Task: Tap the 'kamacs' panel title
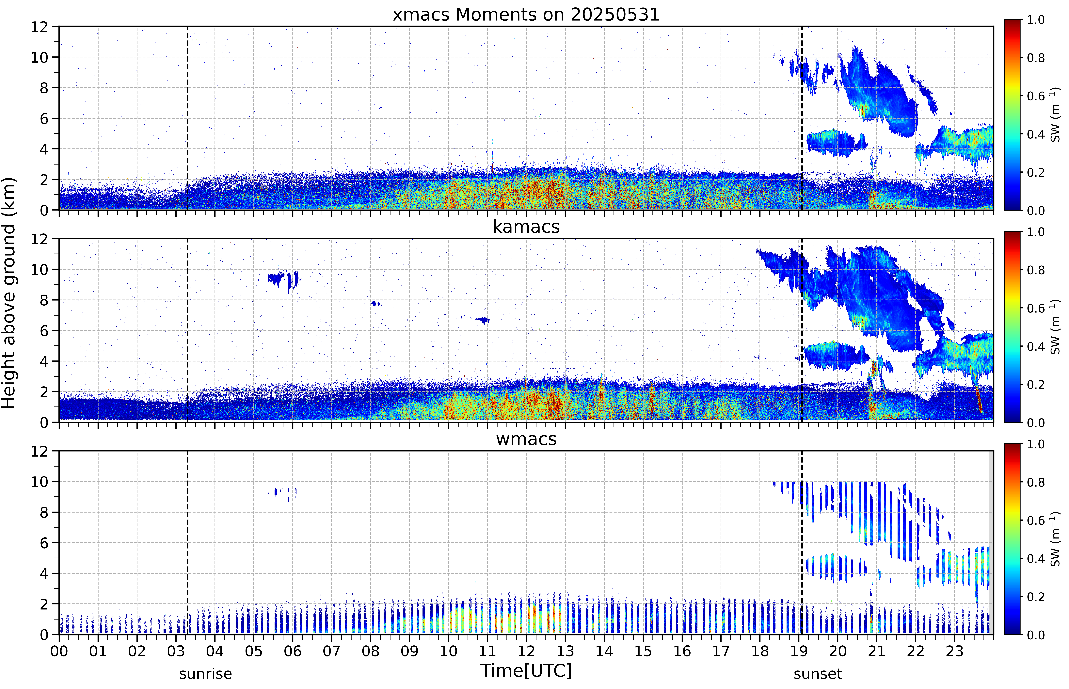(526, 227)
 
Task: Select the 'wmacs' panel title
(526, 439)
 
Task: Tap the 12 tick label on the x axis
(526, 651)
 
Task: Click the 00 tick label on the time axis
(59, 651)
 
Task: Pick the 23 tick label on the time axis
(954, 651)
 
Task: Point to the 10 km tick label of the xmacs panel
(39, 57)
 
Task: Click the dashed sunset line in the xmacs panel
(802, 118)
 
